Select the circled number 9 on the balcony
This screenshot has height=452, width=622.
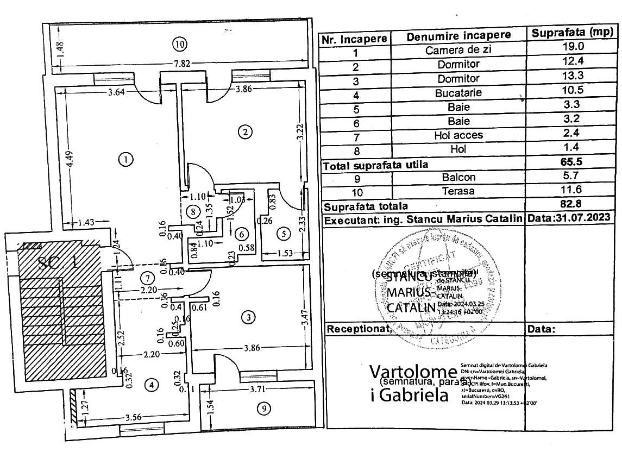tap(263, 409)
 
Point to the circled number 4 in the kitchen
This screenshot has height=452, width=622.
tap(152, 385)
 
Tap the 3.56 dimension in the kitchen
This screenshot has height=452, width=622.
tap(134, 418)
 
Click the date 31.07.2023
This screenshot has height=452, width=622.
tap(577, 218)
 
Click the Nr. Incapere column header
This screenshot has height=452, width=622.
tap(354, 39)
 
